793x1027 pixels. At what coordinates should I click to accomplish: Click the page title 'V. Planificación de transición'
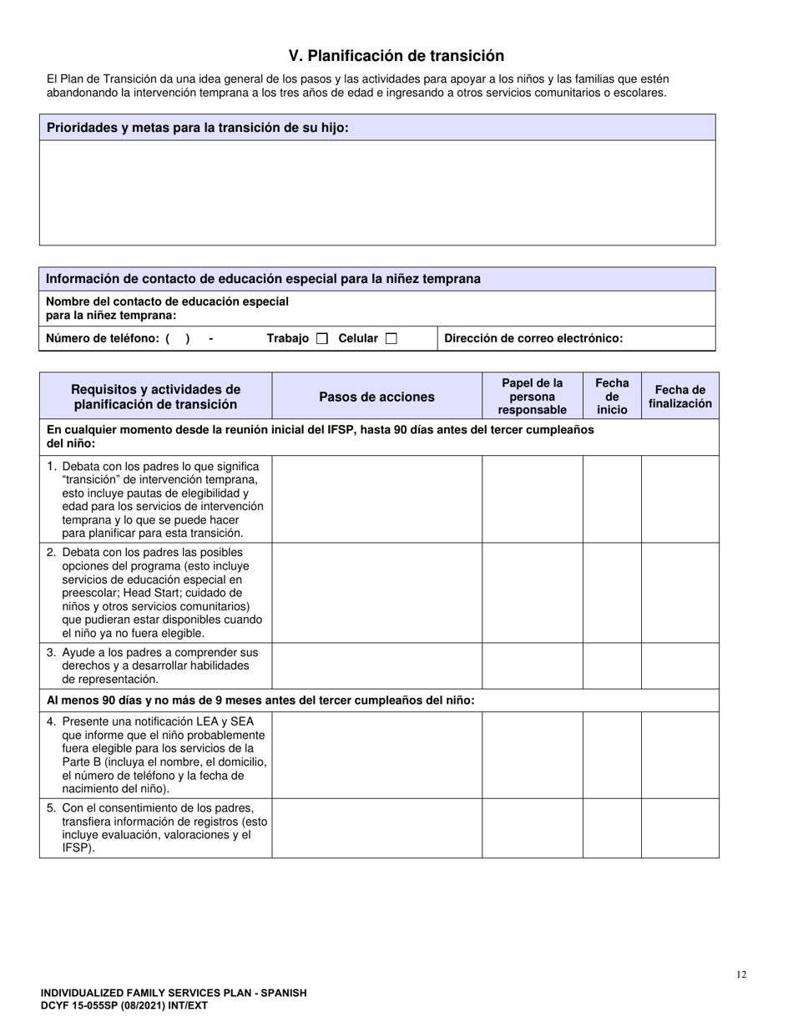pyautogui.click(x=396, y=56)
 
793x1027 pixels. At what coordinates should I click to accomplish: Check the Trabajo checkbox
pyautogui.click(x=322, y=339)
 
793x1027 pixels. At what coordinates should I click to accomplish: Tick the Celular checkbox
pyautogui.click(x=391, y=339)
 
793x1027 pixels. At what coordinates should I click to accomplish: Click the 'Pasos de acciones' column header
pyautogui.click(x=376, y=397)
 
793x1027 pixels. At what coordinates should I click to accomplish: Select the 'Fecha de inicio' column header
pyautogui.click(x=612, y=397)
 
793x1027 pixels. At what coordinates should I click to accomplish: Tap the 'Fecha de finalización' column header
pyautogui.click(x=680, y=397)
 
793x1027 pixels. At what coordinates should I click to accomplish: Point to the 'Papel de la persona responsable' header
pyautogui.click(x=533, y=397)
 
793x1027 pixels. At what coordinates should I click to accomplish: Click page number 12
pyautogui.click(x=742, y=974)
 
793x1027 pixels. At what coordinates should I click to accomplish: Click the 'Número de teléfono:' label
pyautogui.click(x=102, y=339)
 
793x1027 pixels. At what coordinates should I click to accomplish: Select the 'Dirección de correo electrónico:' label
pyautogui.click(x=533, y=339)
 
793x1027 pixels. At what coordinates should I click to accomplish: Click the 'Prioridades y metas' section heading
pyautogui.click(x=197, y=128)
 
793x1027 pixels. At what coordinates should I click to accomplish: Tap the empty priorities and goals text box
pyautogui.click(x=377, y=192)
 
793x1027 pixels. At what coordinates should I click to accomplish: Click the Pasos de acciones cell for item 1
pyautogui.click(x=376, y=499)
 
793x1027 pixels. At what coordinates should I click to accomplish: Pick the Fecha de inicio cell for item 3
pyautogui.click(x=612, y=665)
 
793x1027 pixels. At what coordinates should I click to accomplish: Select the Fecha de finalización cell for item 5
pyautogui.click(x=680, y=828)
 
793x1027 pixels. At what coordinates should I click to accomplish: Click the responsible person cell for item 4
pyautogui.click(x=533, y=755)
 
